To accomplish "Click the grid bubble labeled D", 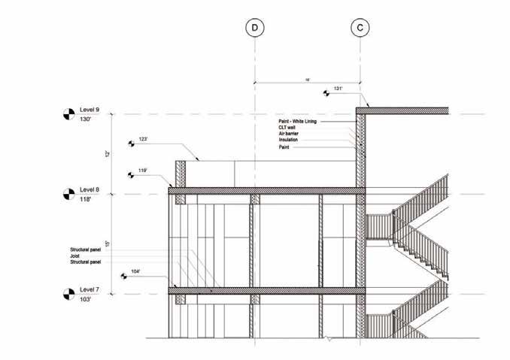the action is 255,28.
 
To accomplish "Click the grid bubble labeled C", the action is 360,28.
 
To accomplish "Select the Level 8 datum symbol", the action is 68,195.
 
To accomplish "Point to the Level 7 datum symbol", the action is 68,294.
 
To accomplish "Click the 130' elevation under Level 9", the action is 87,122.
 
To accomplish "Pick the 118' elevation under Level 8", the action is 87,201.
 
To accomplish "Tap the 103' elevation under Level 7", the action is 87,300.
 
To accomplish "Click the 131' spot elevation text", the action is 338,89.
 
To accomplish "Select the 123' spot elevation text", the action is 143,138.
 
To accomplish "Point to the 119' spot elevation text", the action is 143,171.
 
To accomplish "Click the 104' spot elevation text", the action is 136,271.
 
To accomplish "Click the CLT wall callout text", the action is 288,128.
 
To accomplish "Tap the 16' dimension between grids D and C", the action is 308,77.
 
